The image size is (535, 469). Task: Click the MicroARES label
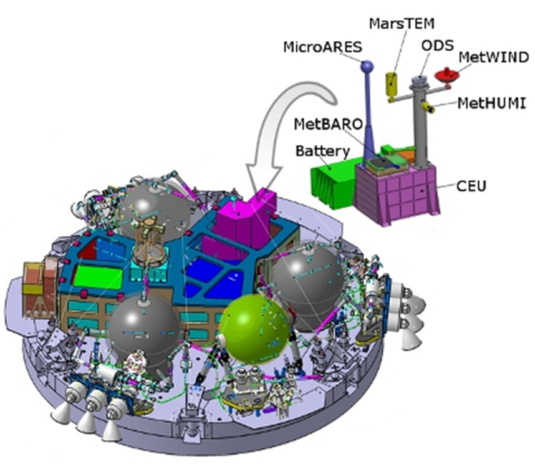[322, 47]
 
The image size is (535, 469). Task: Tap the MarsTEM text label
[402, 24]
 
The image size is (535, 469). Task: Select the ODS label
[438, 46]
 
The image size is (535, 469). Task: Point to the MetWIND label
[494, 57]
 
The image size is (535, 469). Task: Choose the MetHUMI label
[492, 103]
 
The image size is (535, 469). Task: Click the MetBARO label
[328, 124]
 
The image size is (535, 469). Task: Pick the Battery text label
[323, 151]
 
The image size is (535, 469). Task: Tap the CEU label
[471, 186]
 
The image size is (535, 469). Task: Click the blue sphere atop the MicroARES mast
[367, 66]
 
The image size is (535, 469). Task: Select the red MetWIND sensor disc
[446, 75]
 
